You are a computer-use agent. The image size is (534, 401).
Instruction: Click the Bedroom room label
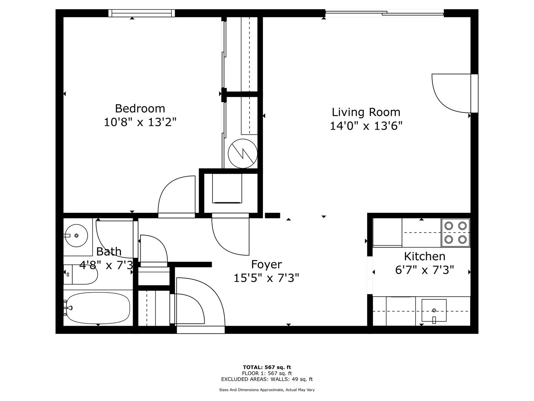tap(140, 108)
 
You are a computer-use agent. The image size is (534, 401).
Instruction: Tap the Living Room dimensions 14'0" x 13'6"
tap(366, 126)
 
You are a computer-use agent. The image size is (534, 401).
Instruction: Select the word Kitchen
tap(425, 256)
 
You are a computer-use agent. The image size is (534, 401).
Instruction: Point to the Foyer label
tap(266, 264)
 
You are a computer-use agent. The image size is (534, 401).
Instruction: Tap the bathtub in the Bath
tap(98, 308)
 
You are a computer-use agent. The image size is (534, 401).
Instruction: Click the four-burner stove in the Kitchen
tap(455, 233)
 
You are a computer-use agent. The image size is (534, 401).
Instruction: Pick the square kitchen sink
tap(434, 310)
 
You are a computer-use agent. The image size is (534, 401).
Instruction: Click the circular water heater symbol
tap(243, 154)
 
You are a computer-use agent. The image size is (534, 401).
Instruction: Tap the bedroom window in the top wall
tap(142, 13)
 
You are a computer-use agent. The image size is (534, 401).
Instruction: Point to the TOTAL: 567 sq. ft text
tap(267, 367)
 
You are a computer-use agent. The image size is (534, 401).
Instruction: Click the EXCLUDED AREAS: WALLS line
tap(267, 379)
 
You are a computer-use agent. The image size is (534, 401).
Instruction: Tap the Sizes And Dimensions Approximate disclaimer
tap(267, 390)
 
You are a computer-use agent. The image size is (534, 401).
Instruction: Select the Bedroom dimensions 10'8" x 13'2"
tap(140, 122)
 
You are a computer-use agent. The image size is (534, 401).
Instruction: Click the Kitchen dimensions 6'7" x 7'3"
tap(425, 270)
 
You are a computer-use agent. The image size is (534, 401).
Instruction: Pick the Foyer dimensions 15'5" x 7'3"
tap(266, 278)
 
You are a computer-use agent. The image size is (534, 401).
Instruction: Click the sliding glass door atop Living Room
tap(385, 13)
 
